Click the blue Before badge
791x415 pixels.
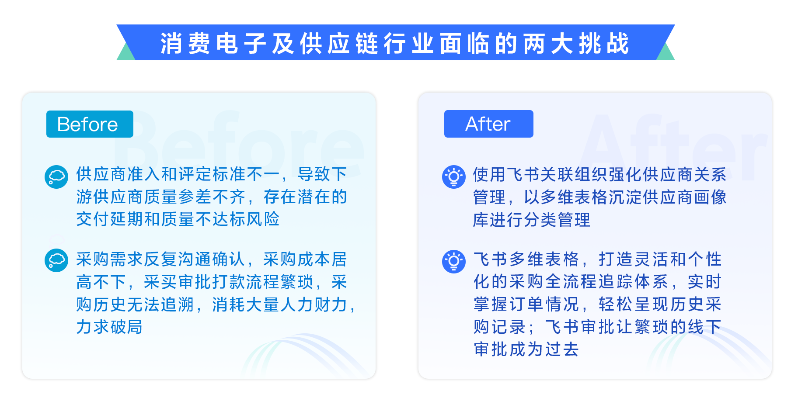pyautogui.click(x=90, y=124)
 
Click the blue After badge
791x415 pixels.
pyautogui.click(x=488, y=124)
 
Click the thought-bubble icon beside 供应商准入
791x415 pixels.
pyautogui.click(x=56, y=177)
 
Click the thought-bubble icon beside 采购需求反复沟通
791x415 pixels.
pyautogui.click(x=56, y=260)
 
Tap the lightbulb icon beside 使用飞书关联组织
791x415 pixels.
pyautogui.click(x=454, y=177)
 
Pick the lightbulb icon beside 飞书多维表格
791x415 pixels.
pyautogui.click(x=454, y=262)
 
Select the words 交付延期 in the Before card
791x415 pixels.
pyautogui.click(x=110, y=219)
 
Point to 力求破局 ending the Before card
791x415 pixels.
pyautogui.click(x=109, y=327)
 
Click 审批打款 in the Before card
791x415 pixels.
pyautogui.click(x=212, y=282)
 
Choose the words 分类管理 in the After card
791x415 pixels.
pyautogui.click(x=557, y=220)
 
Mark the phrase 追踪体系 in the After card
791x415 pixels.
pyautogui.click(x=634, y=282)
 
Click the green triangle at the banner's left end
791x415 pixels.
pyautogui.click(x=124, y=53)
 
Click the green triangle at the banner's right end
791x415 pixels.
pyautogui.click(x=667, y=53)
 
